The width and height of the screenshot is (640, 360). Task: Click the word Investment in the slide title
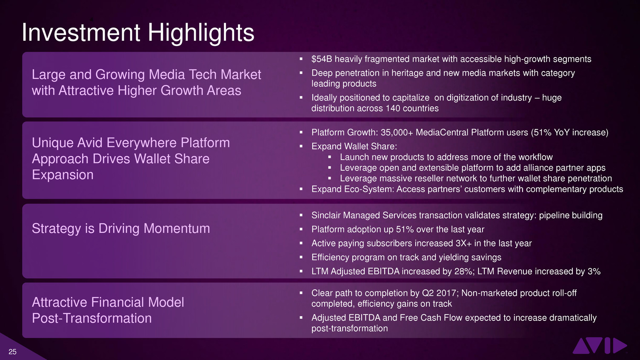(81, 33)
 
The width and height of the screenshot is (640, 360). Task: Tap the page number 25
(12, 352)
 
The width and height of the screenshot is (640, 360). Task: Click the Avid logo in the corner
(600, 346)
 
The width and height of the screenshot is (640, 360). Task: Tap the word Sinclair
(326, 215)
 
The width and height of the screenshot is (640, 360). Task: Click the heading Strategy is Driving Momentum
(121, 229)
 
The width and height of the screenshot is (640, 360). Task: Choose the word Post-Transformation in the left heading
(92, 318)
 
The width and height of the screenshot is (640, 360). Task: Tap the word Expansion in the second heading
(63, 174)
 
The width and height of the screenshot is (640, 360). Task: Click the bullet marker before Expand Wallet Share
(301, 146)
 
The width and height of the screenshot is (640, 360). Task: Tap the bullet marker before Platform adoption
(301, 229)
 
